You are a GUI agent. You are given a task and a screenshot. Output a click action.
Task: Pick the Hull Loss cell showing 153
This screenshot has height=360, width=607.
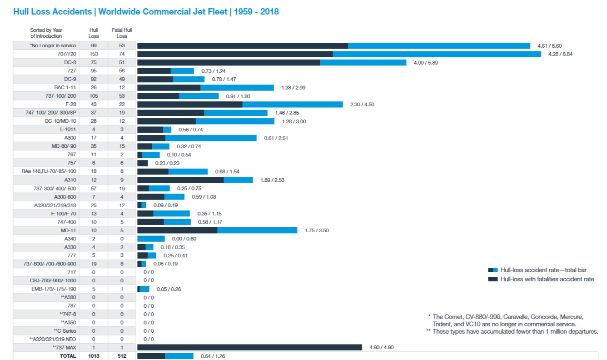(x=94, y=54)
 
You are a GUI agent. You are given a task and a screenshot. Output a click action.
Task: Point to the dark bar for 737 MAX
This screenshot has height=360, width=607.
(x=249, y=347)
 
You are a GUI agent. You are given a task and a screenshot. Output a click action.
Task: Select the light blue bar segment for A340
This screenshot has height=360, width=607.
(x=151, y=239)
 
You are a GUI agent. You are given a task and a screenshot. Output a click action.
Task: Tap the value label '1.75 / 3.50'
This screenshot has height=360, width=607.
(x=317, y=230)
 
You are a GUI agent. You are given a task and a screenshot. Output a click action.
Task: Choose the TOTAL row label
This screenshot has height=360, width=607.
(x=68, y=356)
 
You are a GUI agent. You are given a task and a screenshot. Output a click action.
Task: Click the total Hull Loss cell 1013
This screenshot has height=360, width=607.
(x=94, y=356)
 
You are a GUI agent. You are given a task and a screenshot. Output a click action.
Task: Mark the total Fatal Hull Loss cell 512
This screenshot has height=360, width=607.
(x=122, y=356)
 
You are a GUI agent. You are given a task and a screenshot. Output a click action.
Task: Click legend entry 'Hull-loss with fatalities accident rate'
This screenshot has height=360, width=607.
(x=547, y=279)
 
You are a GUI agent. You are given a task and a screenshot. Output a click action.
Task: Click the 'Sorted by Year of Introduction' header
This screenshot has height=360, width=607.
(x=46, y=33)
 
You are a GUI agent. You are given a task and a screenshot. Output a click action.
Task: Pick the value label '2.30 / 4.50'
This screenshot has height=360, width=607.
(x=362, y=105)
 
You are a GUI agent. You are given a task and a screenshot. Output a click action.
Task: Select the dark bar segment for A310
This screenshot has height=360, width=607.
(x=180, y=180)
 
